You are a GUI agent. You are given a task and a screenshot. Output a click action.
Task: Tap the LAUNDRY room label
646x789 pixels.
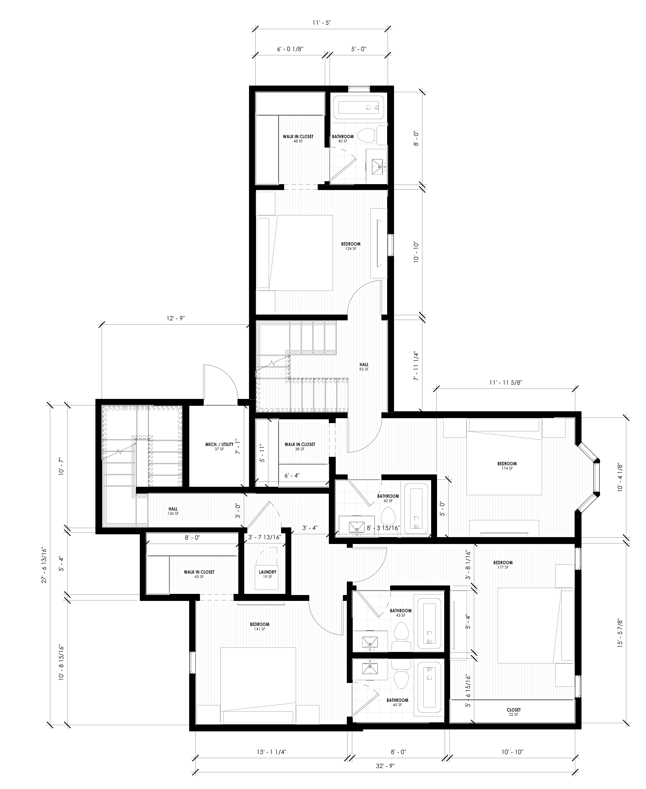click(268, 574)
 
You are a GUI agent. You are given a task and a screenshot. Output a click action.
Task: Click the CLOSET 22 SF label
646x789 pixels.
click(514, 712)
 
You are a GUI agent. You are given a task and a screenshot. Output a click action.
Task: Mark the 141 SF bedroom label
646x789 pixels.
click(260, 626)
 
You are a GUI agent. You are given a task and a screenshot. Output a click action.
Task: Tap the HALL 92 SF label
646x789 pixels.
click(364, 367)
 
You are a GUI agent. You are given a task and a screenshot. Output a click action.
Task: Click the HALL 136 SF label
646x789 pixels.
click(173, 511)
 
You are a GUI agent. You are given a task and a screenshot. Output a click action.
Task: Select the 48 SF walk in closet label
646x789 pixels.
click(298, 138)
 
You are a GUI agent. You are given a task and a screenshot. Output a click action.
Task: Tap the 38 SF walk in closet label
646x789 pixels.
click(300, 446)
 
